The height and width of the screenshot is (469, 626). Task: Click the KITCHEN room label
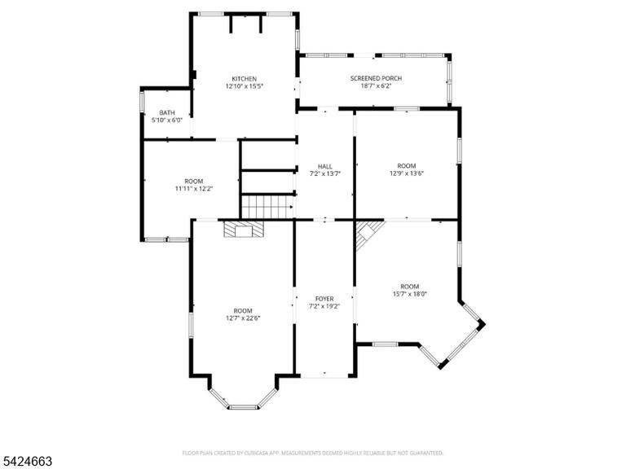(x=245, y=79)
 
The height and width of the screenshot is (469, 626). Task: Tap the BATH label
(x=167, y=113)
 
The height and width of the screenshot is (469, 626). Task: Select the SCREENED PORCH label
(x=376, y=78)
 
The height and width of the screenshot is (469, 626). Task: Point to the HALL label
(x=325, y=166)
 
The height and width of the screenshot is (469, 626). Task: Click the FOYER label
(x=324, y=299)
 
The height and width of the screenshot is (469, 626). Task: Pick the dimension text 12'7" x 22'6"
(x=243, y=318)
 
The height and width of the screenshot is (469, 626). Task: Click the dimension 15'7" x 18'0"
(x=410, y=294)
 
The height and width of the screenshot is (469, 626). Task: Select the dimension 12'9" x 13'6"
(x=407, y=173)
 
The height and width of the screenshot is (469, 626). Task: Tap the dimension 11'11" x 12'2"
(x=194, y=189)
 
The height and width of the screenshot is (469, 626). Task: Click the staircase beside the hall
(x=267, y=207)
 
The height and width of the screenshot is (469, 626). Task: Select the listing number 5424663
(x=26, y=462)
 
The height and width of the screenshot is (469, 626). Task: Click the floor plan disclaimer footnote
(x=313, y=453)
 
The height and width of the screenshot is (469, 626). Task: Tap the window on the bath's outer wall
(x=141, y=101)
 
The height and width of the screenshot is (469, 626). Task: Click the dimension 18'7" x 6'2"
(x=376, y=85)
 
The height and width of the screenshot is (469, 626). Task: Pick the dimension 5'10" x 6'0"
(x=167, y=120)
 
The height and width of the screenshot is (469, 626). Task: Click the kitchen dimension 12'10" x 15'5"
(x=245, y=86)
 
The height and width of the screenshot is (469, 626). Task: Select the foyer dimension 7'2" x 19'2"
(x=324, y=306)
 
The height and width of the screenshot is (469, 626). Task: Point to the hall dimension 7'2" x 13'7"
(x=325, y=173)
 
